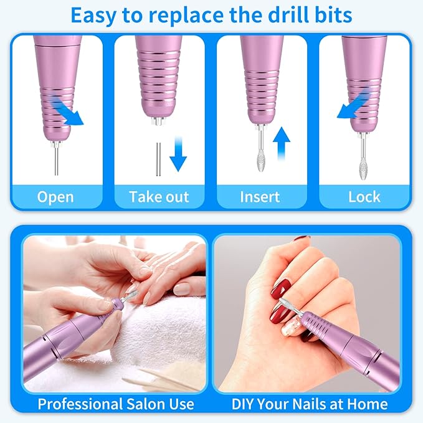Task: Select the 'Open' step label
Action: point(56,197)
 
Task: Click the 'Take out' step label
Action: point(159,197)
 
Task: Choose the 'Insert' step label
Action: point(261,197)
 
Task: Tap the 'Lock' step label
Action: point(364,197)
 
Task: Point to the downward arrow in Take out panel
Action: point(178,155)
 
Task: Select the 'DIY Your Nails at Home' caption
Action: point(310,403)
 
